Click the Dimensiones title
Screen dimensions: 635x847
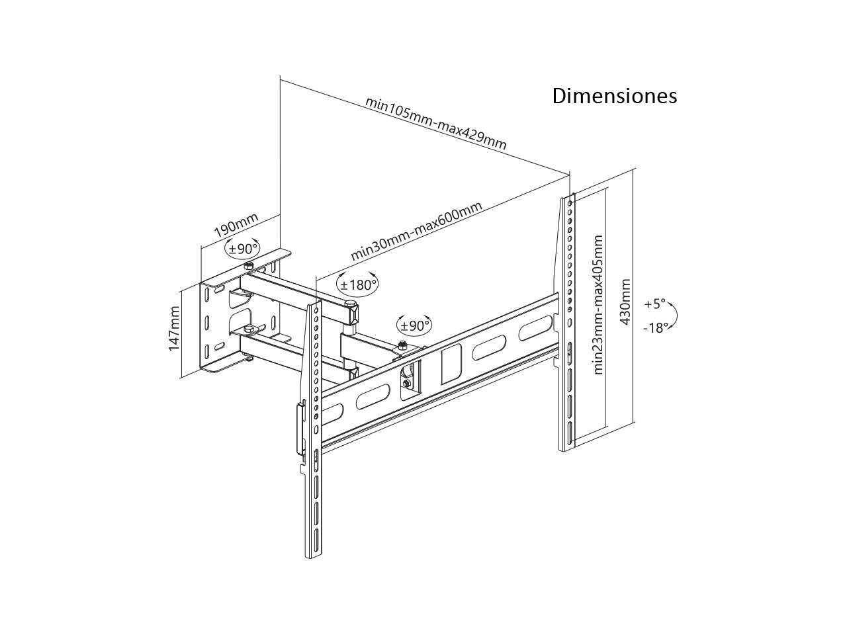pos(615,96)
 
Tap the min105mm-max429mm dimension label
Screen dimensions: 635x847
pos(436,124)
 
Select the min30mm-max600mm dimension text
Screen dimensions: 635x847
pos(416,232)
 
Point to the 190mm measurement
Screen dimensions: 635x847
pos(236,226)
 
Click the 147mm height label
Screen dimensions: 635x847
pos(174,328)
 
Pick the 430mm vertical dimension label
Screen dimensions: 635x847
pos(625,302)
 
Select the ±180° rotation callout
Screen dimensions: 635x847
pos(358,284)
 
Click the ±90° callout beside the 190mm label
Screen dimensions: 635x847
pos(244,249)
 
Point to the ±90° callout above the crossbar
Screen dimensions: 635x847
pos(414,325)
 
